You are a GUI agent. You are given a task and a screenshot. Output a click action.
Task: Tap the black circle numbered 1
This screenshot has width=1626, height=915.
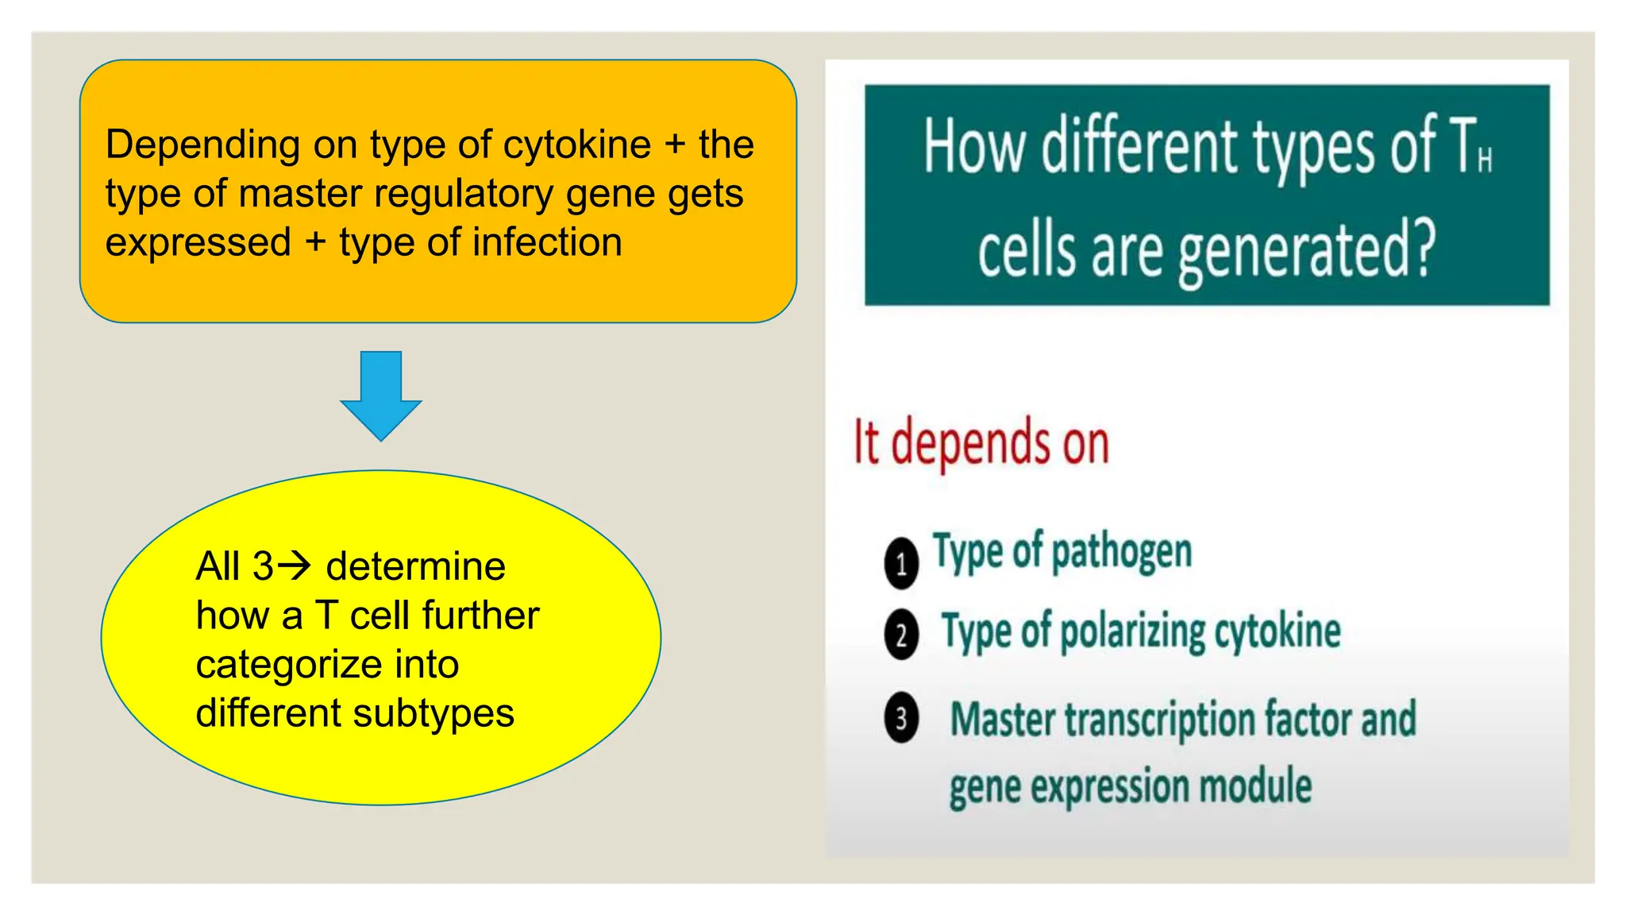(x=901, y=564)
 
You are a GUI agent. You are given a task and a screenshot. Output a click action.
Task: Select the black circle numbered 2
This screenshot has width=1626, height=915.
(x=901, y=635)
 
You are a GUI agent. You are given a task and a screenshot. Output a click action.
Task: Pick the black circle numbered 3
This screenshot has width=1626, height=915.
(x=901, y=718)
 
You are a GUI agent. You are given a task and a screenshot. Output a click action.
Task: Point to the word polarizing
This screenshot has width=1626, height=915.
(x=1132, y=632)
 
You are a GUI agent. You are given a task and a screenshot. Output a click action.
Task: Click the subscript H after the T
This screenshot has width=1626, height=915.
(x=1485, y=160)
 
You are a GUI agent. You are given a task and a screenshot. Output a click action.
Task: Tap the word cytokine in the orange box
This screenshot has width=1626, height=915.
(x=577, y=145)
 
